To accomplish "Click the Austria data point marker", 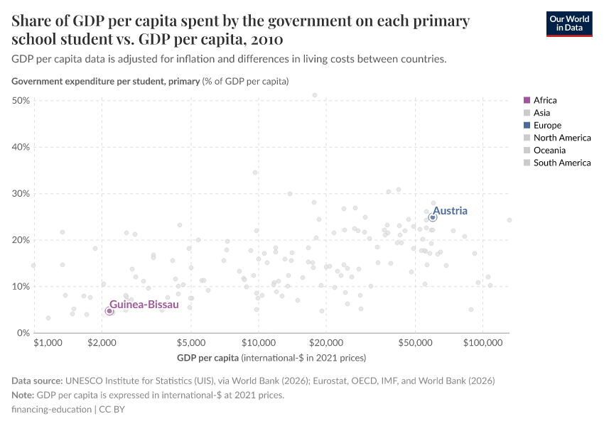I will (x=432, y=217).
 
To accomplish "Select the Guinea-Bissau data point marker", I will (x=109, y=311).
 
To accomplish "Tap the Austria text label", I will (x=450, y=211).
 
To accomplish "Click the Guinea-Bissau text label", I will (x=144, y=304).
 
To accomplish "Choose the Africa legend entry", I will (x=544, y=100).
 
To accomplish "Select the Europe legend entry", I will (x=546, y=125).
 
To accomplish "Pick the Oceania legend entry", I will (x=549, y=150).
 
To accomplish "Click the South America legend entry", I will (x=561, y=163).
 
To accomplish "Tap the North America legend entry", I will (x=561, y=138).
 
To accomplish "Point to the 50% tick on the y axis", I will (x=21, y=101).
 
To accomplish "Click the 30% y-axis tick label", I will (x=21, y=194).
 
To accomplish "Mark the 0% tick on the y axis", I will (x=23, y=333).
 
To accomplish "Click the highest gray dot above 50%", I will (x=315, y=95).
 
